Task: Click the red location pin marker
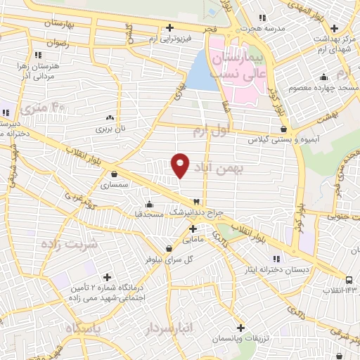click(180, 165)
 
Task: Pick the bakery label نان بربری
click(109, 129)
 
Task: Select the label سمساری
click(115, 186)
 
